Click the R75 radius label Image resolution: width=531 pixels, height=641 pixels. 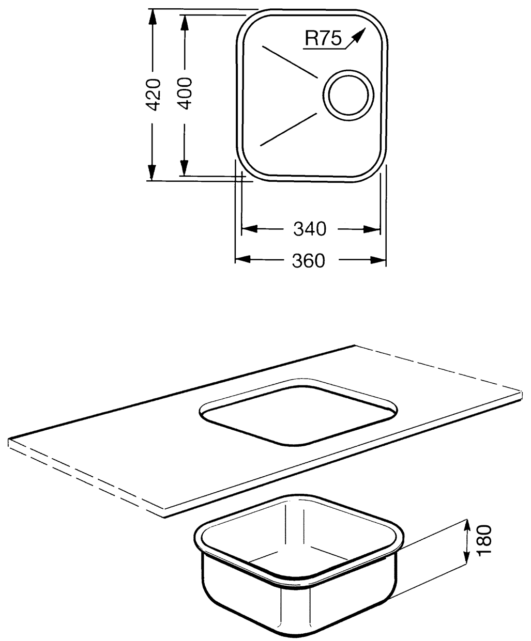(323, 39)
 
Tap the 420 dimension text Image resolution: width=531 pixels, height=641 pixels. (153, 95)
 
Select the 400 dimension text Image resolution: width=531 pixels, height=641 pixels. (185, 93)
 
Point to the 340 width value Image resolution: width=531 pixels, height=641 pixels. (309, 229)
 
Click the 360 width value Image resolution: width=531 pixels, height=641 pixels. (308, 261)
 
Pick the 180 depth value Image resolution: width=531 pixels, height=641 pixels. (484, 540)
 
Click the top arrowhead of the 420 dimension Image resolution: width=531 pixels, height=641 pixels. (152, 17)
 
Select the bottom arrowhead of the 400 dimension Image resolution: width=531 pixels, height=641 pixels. (184, 168)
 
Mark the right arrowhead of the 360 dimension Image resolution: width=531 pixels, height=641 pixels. (377, 260)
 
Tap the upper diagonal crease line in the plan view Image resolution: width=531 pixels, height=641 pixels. (290, 61)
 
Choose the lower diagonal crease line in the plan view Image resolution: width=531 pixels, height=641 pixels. (288, 129)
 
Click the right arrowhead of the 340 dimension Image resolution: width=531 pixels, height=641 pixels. (372, 229)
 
